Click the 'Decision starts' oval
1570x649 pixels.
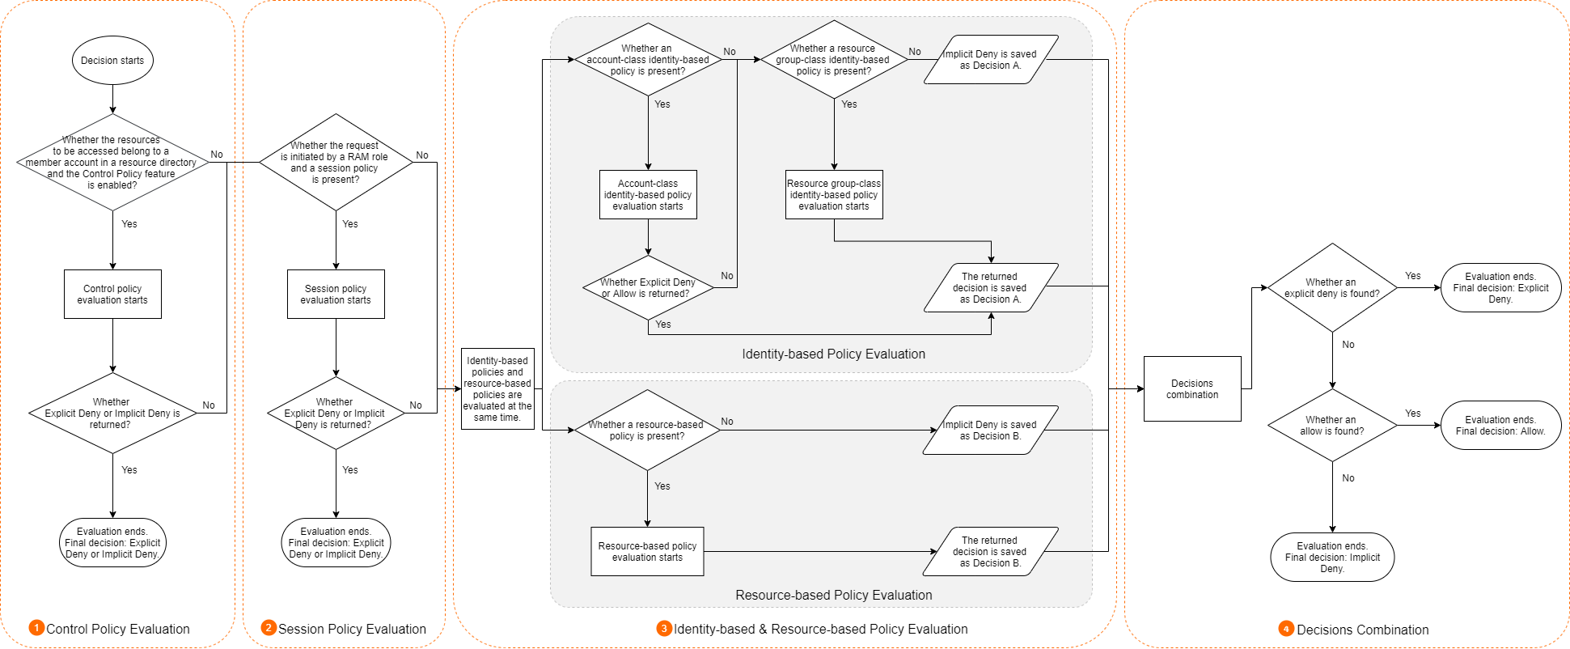click(x=112, y=61)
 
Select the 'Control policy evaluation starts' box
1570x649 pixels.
click(x=112, y=294)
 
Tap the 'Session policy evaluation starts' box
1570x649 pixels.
click(x=336, y=294)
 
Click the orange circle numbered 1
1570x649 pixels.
click(x=36, y=628)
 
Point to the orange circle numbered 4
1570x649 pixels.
click(x=1286, y=629)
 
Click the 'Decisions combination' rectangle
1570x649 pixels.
click(x=1192, y=388)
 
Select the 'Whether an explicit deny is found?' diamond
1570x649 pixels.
click(x=1332, y=288)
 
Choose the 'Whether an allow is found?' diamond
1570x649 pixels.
click(x=1332, y=426)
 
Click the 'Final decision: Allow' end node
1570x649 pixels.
click(x=1500, y=426)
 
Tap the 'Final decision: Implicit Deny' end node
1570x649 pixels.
click(x=1332, y=557)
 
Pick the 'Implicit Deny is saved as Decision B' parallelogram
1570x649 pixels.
click(x=991, y=430)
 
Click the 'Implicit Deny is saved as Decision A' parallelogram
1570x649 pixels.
click(x=991, y=59)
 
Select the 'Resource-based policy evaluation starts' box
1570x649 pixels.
click(x=647, y=552)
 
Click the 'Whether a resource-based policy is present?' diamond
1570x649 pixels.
click(x=647, y=430)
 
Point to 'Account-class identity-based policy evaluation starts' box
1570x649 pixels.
click(x=648, y=194)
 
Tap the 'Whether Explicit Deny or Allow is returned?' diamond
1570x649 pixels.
click(x=648, y=288)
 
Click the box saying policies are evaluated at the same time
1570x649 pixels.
click(x=497, y=388)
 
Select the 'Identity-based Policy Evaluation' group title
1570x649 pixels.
click(x=833, y=354)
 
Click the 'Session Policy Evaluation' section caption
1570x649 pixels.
click(x=352, y=629)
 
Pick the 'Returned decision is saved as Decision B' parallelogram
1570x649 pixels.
click(x=991, y=551)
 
